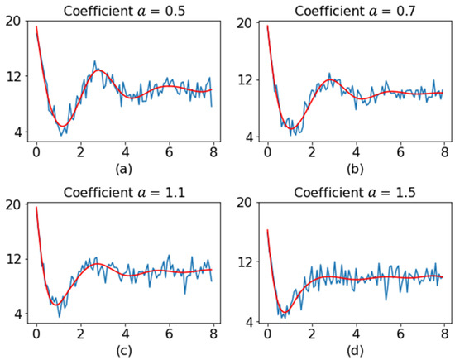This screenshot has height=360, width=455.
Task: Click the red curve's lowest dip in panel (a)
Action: pos(61,126)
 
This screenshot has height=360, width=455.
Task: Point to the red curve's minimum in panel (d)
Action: pos(284,310)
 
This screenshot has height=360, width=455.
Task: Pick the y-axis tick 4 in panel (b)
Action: pos(245,137)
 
